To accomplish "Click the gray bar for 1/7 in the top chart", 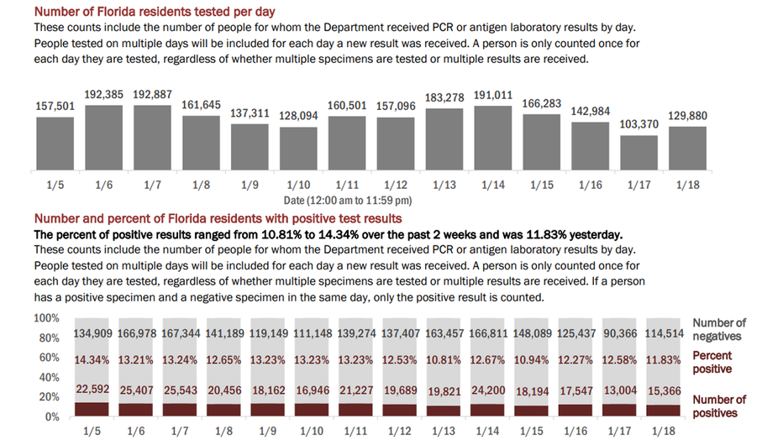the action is coord(152,137).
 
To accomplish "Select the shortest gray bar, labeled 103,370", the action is coord(639,153).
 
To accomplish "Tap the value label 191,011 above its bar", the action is coord(493,95).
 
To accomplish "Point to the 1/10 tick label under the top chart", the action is coord(298,185).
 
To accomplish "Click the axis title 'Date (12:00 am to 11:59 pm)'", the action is coord(348,201).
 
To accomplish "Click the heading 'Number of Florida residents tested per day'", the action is coord(155,12).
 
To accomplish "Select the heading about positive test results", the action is coord(218,218).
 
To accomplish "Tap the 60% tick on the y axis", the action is coord(50,358).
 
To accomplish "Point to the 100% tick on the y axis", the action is coord(46,318).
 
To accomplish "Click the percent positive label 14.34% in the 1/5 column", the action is coord(92,359).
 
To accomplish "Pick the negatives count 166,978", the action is coord(137,333).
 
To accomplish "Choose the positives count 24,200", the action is coord(488,390).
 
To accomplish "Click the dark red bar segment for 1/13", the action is coord(444,411).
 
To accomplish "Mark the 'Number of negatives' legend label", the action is coord(719,329).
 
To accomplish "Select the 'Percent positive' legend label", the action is coord(712,362).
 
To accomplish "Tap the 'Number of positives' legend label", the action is coord(719,406).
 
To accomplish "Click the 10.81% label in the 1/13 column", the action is coord(444,359).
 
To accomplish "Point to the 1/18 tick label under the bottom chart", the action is coord(664,431).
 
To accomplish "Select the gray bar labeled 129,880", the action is coord(687,148).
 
